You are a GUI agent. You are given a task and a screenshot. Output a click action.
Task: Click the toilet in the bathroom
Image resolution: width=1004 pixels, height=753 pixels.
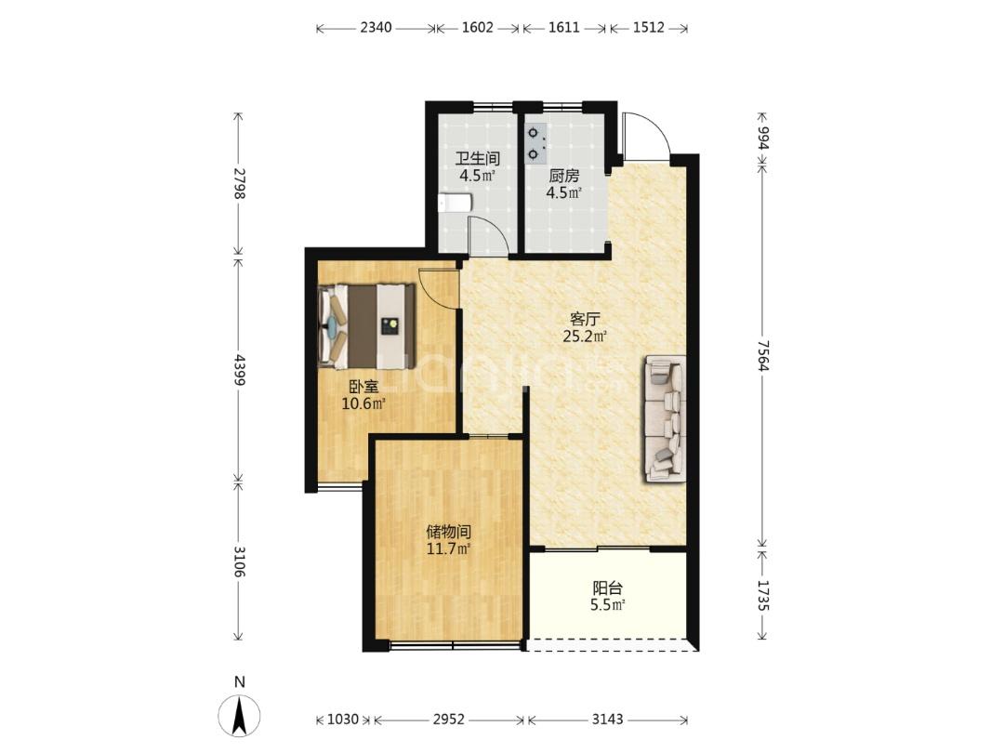tap(456, 203)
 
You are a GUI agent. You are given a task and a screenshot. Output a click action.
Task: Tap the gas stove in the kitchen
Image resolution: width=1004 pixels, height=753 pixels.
tap(536, 144)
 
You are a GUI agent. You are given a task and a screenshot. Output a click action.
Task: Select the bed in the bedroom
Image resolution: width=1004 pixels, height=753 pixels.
tap(367, 326)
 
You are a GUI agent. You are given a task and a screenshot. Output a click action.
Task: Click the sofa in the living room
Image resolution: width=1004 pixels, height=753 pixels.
tap(666, 418)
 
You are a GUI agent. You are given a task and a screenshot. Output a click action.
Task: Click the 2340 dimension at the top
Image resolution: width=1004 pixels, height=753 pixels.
tap(376, 28)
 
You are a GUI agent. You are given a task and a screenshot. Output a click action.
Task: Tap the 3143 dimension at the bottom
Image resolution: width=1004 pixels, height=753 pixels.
tap(607, 720)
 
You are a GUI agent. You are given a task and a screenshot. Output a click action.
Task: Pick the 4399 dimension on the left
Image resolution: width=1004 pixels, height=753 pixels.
tap(239, 369)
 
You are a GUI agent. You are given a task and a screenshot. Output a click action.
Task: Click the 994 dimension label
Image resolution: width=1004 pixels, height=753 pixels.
tap(762, 137)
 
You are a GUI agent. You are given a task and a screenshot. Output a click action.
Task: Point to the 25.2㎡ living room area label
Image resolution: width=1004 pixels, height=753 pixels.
tap(585, 337)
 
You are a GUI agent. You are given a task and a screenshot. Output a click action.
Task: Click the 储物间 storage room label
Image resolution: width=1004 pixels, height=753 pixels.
tap(449, 532)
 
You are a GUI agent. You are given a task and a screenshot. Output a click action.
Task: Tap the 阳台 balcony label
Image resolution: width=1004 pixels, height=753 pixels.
tap(607, 588)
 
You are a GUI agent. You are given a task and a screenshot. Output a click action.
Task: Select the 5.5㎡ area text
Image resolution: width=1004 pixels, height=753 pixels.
tap(607, 605)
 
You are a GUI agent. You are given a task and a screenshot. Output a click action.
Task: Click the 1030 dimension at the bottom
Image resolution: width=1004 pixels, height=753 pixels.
tap(342, 720)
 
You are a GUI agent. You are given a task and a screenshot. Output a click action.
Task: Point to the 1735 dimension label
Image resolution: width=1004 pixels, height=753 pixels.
tap(762, 595)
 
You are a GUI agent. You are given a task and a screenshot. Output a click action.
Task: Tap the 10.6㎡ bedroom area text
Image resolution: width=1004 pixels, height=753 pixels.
tap(363, 404)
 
